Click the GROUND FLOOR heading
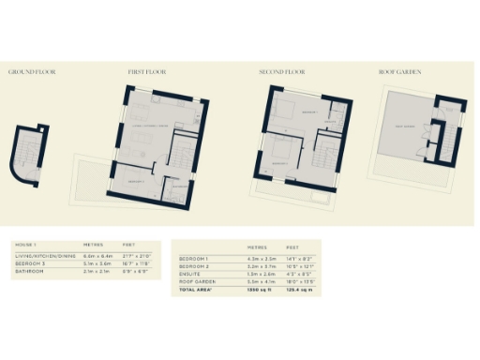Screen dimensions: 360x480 coord(28,71)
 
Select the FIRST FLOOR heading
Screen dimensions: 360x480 coord(147,71)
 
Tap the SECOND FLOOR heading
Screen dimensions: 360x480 coord(283,71)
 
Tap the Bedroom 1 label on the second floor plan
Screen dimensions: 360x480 coord(310,112)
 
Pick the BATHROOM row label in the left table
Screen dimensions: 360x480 coord(29,272)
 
